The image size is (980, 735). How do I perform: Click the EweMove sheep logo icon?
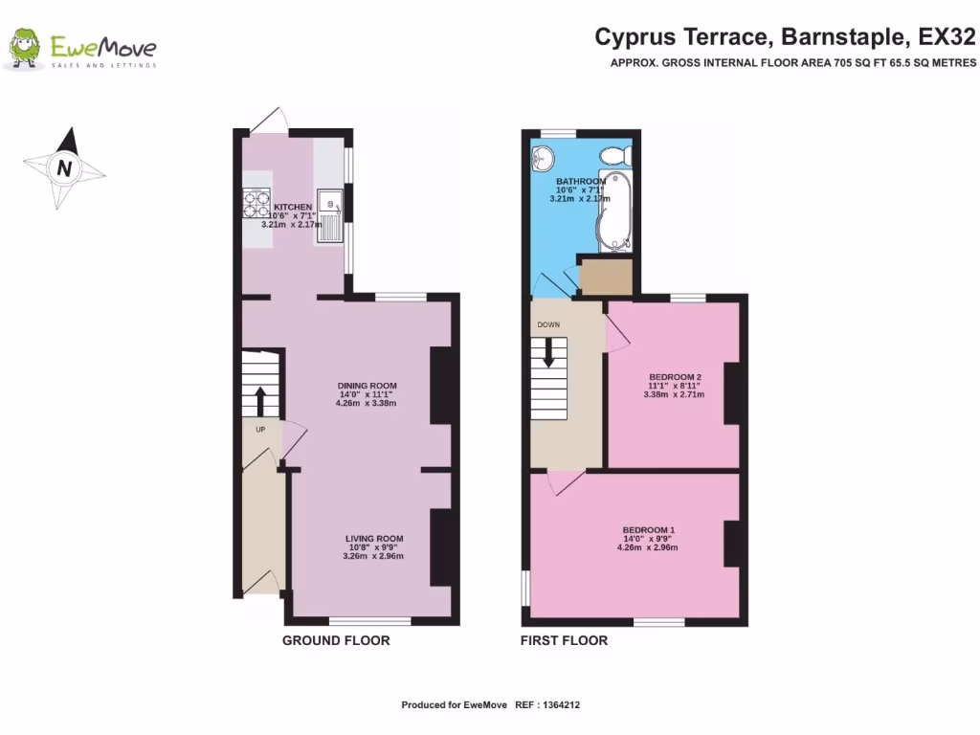tap(25, 49)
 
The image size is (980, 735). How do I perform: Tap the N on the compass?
tap(64, 167)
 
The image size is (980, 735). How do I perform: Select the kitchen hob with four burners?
tap(257, 202)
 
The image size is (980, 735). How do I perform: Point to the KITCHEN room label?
tap(293, 208)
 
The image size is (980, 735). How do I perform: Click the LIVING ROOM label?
tap(374, 539)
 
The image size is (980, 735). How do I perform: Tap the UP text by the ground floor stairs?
tap(260, 430)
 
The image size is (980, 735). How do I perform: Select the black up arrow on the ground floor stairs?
tap(259, 401)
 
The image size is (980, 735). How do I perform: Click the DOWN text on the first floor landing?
tap(548, 324)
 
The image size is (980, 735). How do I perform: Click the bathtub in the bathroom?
tap(610, 212)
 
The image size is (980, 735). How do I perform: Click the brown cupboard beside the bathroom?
tap(606, 278)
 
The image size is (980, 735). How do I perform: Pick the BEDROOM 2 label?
tap(675, 376)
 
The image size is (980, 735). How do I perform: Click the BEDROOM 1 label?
tap(649, 530)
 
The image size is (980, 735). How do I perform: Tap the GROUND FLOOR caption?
tap(336, 640)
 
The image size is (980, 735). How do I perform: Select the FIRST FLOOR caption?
tap(564, 640)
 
